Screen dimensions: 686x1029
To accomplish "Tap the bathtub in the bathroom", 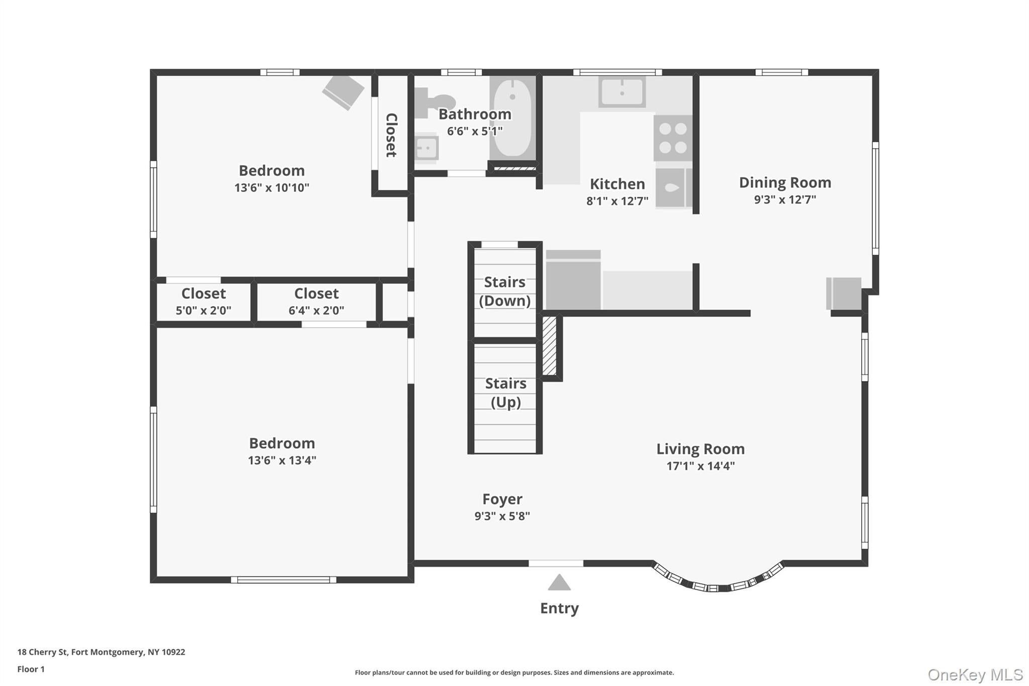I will tap(512, 117).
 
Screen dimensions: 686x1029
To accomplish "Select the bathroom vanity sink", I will tap(427, 148).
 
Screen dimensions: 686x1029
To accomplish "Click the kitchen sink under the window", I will tap(622, 92).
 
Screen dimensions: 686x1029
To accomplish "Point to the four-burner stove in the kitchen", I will tap(673, 138).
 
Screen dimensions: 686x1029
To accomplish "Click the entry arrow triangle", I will tap(559, 583).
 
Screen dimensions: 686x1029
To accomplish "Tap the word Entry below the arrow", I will tap(559, 608).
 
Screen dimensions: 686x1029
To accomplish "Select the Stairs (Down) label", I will tap(504, 291).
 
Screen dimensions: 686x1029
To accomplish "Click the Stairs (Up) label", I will tap(505, 393).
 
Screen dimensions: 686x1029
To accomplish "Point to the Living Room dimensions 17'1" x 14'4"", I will tap(700, 466).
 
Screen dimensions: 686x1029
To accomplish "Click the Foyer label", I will tap(502, 499).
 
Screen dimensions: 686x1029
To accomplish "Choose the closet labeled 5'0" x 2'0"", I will tap(203, 302).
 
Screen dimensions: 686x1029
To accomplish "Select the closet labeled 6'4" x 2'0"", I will tap(316, 302).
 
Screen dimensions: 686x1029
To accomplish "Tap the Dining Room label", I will tap(784, 182).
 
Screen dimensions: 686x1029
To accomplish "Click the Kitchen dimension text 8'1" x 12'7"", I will tap(617, 201).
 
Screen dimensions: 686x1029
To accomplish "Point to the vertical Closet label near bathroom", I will tap(391, 135).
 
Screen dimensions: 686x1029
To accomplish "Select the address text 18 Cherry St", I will tap(100, 652).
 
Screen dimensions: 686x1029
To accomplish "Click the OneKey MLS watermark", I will tap(975, 674).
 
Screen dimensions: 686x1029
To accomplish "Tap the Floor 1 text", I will tap(31, 669).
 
